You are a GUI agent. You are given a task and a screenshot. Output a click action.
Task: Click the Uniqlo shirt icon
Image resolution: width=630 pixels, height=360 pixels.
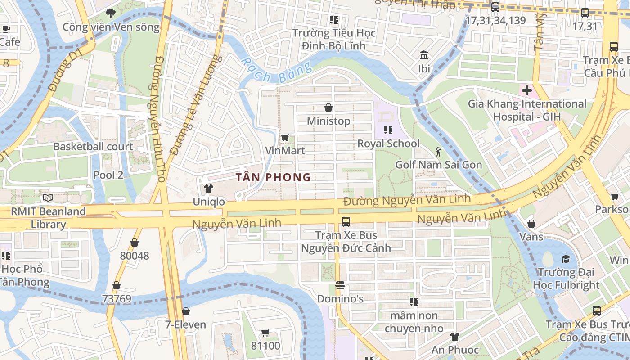(208, 188)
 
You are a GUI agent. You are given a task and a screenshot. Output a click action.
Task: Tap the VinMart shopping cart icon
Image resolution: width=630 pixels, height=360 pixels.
(285, 137)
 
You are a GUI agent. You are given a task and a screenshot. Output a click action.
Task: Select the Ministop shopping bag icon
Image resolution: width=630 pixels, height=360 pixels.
(328, 108)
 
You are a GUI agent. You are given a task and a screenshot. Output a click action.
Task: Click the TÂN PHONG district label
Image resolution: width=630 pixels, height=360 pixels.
(274, 177)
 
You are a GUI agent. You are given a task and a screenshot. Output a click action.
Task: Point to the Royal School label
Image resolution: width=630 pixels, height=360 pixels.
(388, 144)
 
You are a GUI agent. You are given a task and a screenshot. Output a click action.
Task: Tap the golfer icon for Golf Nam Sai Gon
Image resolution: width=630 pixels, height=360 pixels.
(438, 152)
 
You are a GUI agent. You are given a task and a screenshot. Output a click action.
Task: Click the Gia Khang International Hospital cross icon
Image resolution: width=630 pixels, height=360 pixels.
(526, 90)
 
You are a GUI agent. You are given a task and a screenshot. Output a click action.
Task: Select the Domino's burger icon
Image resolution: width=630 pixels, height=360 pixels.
(340, 285)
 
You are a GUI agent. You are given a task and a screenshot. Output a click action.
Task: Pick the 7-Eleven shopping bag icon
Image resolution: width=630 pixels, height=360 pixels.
(185, 311)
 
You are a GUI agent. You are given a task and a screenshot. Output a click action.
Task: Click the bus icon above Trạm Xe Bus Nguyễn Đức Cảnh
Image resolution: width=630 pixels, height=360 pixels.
(346, 221)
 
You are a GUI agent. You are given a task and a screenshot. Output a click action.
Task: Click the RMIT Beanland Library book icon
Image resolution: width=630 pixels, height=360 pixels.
(48, 198)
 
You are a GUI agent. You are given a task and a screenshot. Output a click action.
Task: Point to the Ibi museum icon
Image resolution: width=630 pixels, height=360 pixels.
(423, 55)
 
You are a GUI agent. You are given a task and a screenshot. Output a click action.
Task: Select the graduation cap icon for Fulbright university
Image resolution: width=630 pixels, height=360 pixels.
(566, 259)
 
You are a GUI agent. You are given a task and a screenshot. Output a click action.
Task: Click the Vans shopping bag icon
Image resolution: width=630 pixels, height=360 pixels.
(531, 224)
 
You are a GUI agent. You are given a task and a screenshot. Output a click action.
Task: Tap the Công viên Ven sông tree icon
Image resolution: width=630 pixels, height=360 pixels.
(111, 13)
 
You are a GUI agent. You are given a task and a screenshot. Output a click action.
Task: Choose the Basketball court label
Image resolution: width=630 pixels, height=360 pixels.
(93, 146)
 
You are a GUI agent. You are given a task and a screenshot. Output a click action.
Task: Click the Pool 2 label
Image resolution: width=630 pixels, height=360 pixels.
(108, 175)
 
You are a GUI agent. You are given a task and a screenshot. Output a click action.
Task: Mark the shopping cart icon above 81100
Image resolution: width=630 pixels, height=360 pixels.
(265, 333)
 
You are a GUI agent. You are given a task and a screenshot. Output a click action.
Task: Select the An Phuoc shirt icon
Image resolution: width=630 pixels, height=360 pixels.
(454, 336)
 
